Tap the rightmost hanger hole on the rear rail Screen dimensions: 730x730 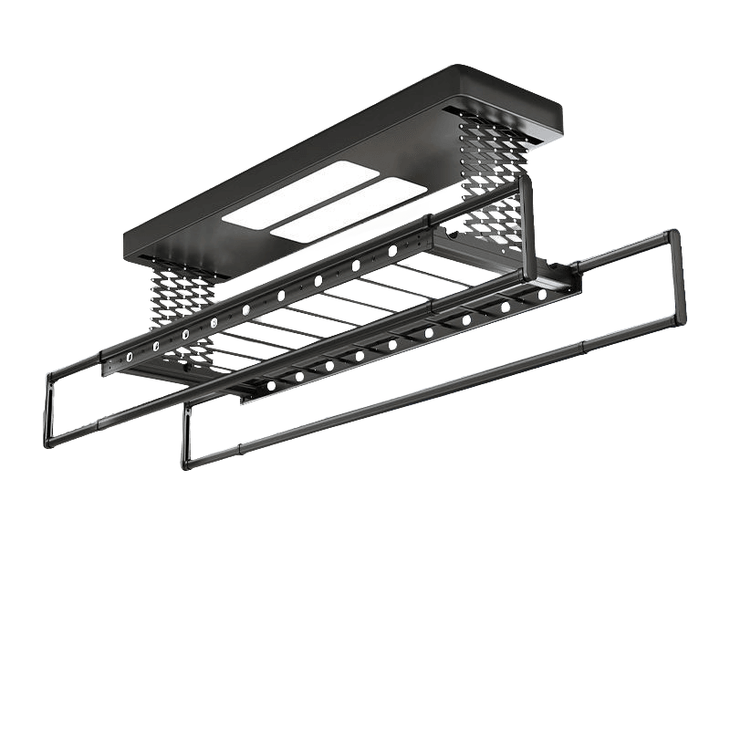pyautogui.click(x=392, y=250)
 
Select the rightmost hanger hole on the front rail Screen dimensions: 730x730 pyautogui.click(x=545, y=295)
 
